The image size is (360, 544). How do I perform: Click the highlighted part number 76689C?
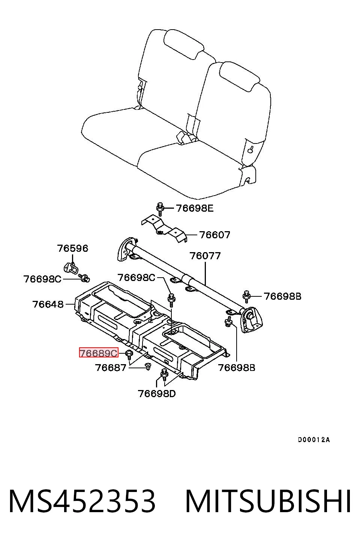click(99, 353)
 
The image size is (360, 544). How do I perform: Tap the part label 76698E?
click(195, 208)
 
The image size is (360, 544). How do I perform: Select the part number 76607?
click(214, 235)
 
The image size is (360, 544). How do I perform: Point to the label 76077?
click(205, 256)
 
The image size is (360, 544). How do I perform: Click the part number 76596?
click(72, 248)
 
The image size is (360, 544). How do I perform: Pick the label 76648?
click(48, 304)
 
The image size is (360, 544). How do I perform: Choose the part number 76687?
click(111, 368)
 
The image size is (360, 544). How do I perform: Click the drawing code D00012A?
click(314, 440)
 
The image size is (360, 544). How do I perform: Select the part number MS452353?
click(82, 501)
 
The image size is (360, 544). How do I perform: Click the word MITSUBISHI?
click(268, 501)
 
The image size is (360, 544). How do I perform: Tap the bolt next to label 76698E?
click(160, 209)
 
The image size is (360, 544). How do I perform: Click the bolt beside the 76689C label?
click(129, 355)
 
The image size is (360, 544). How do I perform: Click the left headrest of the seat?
click(184, 44)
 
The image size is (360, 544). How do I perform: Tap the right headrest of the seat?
click(239, 76)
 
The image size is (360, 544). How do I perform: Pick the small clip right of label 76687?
click(147, 366)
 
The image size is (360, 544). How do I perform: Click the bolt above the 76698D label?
click(165, 375)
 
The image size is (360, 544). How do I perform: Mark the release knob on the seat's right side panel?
click(250, 149)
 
